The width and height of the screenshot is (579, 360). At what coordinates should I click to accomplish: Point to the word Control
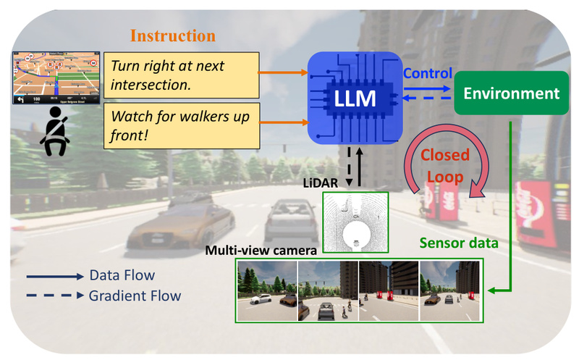[x=427, y=73]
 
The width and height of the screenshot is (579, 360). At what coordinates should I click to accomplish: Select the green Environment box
[x=512, y=93]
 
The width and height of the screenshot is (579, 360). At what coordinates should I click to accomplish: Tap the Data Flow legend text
[x=122, y=275]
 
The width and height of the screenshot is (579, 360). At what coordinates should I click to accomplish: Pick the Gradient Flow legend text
[x=135, y=296]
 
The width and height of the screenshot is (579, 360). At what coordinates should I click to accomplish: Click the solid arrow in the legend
[x=54, y=276]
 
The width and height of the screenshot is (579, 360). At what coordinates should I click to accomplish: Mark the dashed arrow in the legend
[x=54, y=296]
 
